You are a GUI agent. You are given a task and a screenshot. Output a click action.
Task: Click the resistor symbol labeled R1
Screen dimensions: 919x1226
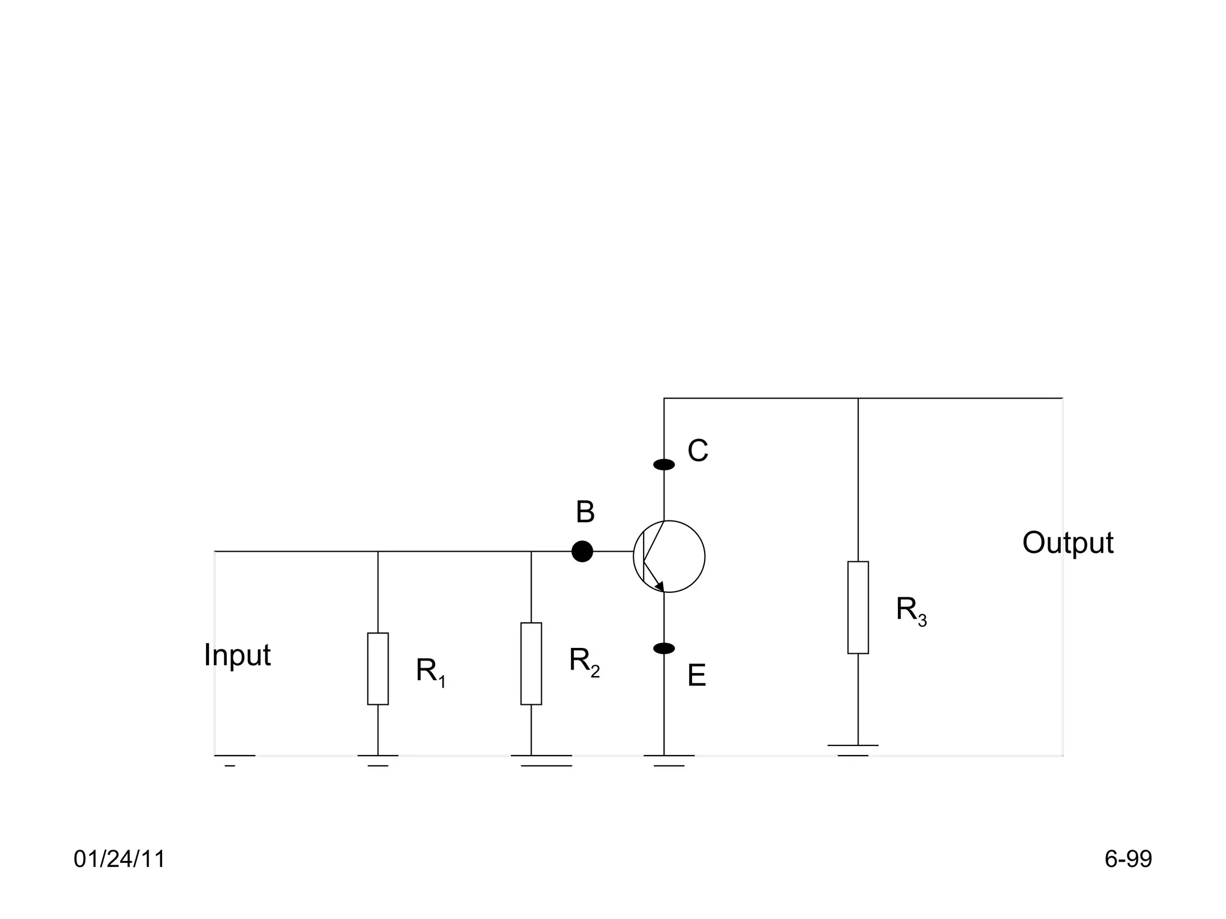tap(378, 668)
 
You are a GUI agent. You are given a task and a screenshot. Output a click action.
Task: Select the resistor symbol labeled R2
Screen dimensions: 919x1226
tap(531, 664)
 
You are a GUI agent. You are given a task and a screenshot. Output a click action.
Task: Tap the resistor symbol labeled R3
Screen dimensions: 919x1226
tap(858, 607)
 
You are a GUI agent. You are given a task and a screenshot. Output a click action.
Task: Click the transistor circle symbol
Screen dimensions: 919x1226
tap(669, 556)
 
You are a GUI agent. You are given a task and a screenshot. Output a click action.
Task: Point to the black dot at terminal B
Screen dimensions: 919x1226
tap(582, 551)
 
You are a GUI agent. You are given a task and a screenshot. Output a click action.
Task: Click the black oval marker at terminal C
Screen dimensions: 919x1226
tap(664, 464)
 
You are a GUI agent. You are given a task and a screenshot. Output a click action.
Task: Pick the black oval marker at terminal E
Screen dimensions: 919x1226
tap(664, 649)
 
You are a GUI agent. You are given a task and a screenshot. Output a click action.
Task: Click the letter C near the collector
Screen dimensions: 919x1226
tap(697, 451)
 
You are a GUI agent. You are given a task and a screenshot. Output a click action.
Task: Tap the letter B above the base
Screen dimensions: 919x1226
tap(585, 513)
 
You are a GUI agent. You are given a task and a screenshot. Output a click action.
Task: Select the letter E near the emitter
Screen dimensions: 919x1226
tap(697, 676)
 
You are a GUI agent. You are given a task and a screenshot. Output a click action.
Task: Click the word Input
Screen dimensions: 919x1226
tap(237, 655)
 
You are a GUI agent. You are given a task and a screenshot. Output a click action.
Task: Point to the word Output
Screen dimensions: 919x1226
tap(1067, 543)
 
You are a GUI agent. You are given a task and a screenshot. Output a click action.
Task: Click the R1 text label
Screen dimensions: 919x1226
tap(431, 672)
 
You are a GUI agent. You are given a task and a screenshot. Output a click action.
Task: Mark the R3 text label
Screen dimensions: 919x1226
tap(911, 611)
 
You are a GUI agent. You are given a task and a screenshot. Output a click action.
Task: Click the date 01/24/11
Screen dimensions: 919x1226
tap(119, 859)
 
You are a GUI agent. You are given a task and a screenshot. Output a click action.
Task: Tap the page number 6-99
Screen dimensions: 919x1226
tap(1128, 859)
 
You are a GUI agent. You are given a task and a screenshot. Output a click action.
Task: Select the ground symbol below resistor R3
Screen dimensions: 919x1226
tap(853, 750)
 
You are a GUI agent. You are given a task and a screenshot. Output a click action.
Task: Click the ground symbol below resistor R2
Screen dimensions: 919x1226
tap(542, 760)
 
